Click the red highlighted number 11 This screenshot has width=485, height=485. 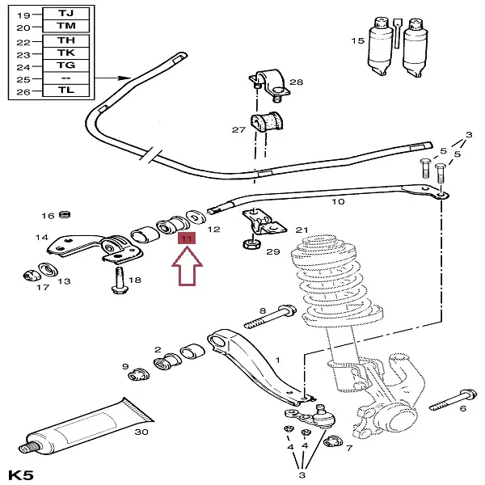tap(187, 238)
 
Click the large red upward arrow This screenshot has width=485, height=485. tap(188, 266)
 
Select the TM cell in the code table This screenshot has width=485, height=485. tap(66, 26)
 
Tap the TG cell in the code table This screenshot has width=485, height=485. tap(66, 65)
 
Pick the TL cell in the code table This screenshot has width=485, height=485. tap(66, 91)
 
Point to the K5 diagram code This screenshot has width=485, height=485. tap(20, 475)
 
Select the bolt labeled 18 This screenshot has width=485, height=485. tap(120, 280)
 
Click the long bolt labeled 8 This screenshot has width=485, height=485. tap(270, 317)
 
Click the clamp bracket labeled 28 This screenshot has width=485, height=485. tap(270, 85)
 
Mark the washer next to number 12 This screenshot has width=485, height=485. tap(196, 217)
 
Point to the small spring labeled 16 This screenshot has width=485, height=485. tap(65, 214)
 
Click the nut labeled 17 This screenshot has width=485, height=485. tap(32, 276)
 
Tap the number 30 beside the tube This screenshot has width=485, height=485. tap(141, 432)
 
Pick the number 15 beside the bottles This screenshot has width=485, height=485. tap(357, 41)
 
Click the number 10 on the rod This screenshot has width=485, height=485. tap(338, 201)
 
